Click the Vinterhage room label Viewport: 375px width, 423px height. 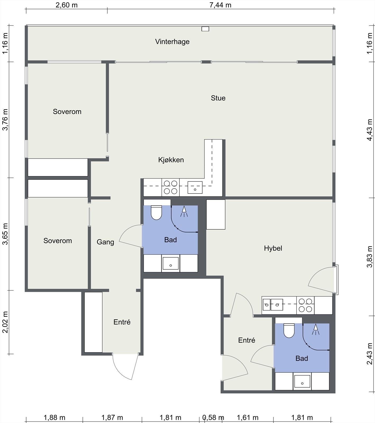coord(172,42)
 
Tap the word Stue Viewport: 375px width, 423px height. coord(218,98)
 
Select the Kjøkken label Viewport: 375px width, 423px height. coord(171,160)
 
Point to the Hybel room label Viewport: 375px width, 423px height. coord(273,248)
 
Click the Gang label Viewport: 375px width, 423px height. coord(105,242)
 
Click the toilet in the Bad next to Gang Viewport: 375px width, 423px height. coord(156,213)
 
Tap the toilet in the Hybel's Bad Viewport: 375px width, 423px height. coord(289,330)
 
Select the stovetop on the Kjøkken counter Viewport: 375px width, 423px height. coord(171,187)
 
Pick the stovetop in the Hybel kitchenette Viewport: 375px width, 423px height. coord(305,305)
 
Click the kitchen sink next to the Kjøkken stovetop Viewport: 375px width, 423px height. coord(195,187)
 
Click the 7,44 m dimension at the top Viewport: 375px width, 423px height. coord(220,5)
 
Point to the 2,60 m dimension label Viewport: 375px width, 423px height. coord(66,5)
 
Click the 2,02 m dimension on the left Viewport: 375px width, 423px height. coord(5,322)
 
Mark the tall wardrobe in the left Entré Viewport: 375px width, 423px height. coord(93,322)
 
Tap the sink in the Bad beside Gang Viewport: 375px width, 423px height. coord(171,263)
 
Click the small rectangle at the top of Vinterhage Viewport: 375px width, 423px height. coord(205,29)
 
